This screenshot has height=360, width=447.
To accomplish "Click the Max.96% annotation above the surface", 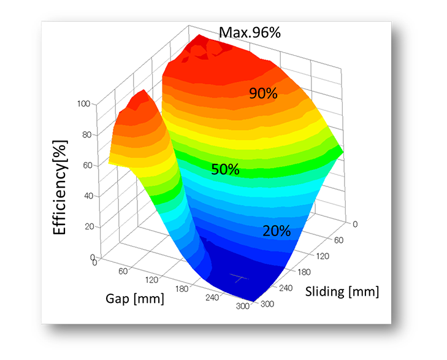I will pos(250,32).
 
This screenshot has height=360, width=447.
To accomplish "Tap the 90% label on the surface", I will pos(263,93).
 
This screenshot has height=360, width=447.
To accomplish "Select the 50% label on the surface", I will pos(225,169).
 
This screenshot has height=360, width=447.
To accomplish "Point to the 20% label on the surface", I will pos(277,231).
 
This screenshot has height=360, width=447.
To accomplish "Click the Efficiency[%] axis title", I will pos(59,187).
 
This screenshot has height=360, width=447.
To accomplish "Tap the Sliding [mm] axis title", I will pos(342,291).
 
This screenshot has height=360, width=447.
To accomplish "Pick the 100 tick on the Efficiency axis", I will pos(85,104).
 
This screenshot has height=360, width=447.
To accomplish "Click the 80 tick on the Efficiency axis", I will pos(86,135).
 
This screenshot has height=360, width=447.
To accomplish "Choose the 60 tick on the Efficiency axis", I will pos(86,166).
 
